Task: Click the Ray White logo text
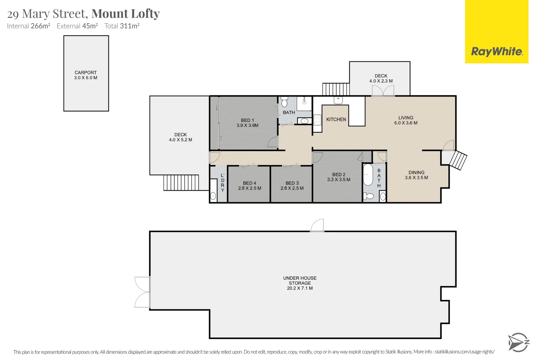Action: [x=497, y=52]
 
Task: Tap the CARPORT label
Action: [x=86, y=72]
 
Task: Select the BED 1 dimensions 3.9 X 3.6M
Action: [x=247, y=126]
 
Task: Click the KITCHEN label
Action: [x=336, y=119]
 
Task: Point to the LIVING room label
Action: [x=406, y=118]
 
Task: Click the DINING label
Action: [x=416, y=172]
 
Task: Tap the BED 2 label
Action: [x=339, y=174]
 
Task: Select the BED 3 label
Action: [x=292, y=183]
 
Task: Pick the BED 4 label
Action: [x=249, y=183]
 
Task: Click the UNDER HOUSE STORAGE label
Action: [x=300, y=280]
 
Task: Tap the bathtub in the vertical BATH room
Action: [x=368, y=174]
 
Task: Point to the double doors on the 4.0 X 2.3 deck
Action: [x=383, y=91]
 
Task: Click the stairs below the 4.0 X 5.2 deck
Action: [x=181, y=183]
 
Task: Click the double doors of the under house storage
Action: [x=143, y=292]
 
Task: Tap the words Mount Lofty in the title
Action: [x=126, y=14]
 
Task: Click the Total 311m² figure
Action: [x=122, y=26]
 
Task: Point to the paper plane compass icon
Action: [x=518, y=342]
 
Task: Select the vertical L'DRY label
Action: [x=222, y=183]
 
